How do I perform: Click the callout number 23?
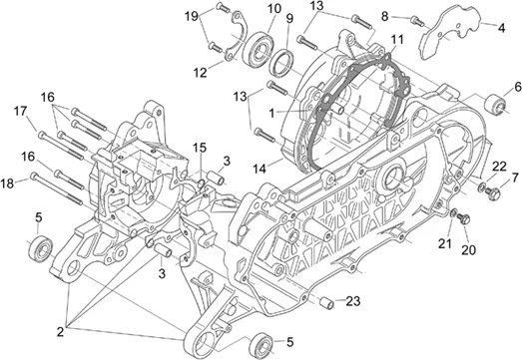pyautogui.click(x=353, y=301)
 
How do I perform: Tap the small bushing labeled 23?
pyautogui.click(x=326, y=303)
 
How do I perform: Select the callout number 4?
pyautogui.click(x=501, y=28)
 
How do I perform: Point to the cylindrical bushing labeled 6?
pyautogui.click(x=496, y=105)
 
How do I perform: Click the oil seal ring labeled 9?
pyautogui.click(x=281, y=63)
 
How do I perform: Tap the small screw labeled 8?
pyautogui.click(x=418, y=21)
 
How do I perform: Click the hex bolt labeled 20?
pyautogui.click(x=464, y=218)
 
